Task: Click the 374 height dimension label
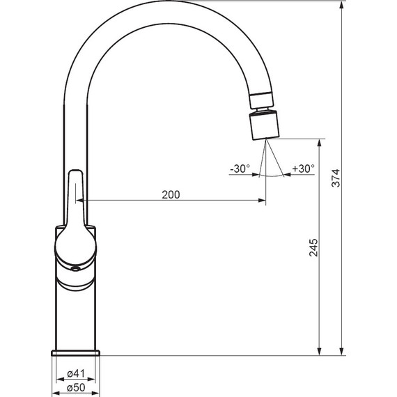336,178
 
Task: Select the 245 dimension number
313,247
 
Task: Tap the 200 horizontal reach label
171,195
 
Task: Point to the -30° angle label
240,169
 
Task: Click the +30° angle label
303,169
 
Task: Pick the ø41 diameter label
76,373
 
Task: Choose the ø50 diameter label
76,388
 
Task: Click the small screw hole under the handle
75,269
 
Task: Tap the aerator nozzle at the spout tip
265,125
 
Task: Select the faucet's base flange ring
76,353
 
